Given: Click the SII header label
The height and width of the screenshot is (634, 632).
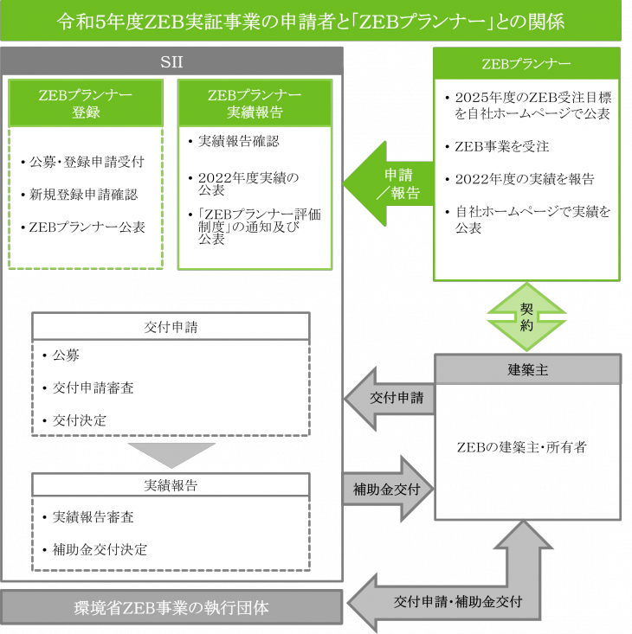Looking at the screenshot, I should coord(171,61).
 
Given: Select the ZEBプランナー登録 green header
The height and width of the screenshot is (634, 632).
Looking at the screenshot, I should coord(86,103).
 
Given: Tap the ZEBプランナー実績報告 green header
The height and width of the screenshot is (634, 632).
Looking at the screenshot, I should coord(255,103).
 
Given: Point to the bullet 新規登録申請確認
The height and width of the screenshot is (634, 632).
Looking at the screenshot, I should coord(84,195).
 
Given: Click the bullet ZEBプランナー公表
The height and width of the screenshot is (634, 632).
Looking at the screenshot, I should coord(87,227).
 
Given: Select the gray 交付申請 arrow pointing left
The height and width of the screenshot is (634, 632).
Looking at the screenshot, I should coord(389,399).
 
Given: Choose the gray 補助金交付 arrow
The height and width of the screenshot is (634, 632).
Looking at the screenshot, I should coord(386,489).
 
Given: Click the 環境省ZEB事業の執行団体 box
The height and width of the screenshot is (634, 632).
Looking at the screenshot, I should coord(171,607).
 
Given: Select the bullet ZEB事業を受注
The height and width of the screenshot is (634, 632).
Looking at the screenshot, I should coord(502,146).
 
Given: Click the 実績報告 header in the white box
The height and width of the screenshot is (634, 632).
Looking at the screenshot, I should coord(171,485).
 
